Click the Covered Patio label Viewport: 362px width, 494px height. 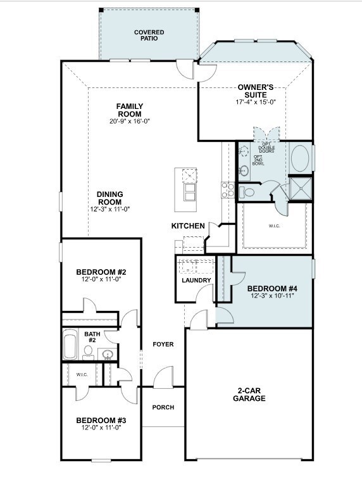[149, 35]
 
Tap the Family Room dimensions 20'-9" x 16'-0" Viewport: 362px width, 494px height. [130, 121]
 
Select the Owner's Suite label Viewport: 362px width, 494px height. [256, 91]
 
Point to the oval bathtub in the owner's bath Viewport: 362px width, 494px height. [300, 158]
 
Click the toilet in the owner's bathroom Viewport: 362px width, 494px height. [247, 191]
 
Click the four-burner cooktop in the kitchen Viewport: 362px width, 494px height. [228, 190]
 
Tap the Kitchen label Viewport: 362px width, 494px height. [188, 226]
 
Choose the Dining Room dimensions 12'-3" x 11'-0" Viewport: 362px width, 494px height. [110, 209]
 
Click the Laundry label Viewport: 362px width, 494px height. [196, 280]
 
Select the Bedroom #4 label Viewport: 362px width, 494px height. [272, 288]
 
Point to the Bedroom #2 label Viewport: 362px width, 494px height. [101, 272]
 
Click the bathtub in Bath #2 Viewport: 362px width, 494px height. [70, 345]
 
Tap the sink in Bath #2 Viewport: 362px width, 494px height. [108, 355]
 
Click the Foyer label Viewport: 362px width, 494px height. [163, 345]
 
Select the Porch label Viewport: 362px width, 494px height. [163, 407]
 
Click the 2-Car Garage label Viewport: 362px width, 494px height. [249, 395]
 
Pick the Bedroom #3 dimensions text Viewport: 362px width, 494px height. [101, 427]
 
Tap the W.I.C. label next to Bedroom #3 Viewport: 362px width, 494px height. [82, 375]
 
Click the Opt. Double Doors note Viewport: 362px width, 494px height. [266, 148]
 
